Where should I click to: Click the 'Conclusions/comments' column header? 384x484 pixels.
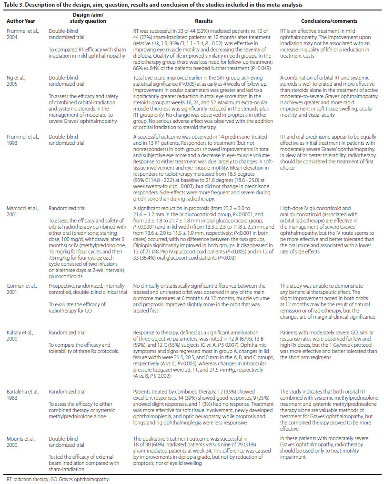(327, 21)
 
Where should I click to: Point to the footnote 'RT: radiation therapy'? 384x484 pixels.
(27, 479)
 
